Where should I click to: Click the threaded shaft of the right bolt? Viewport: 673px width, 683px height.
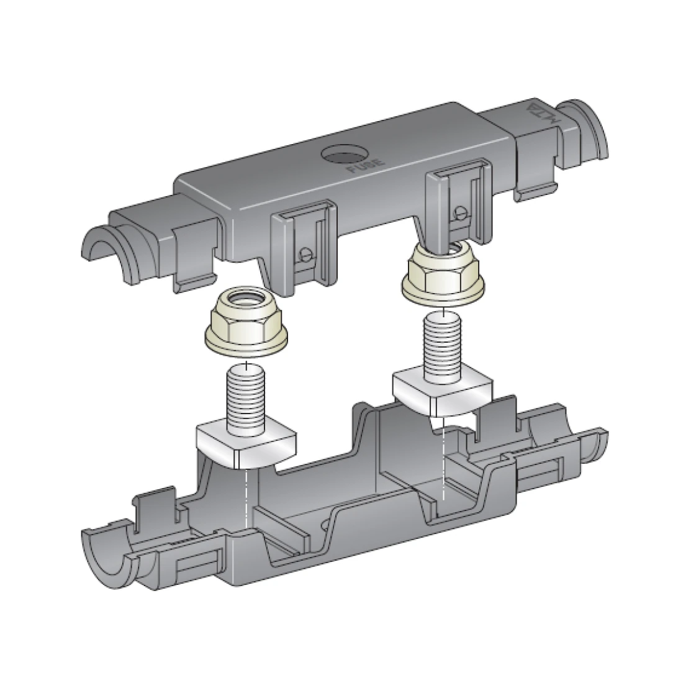pos(441,345)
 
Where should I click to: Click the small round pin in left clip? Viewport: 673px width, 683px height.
pos(305,253)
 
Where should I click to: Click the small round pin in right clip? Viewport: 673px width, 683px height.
pos(460,211)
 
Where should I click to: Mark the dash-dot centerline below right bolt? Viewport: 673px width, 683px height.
pos(443,459)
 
